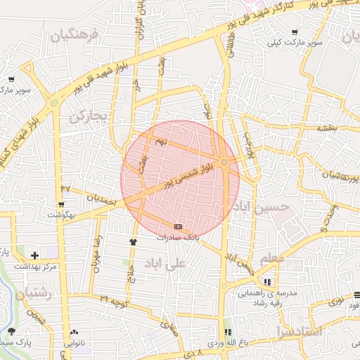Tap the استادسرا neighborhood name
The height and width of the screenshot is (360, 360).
[x=299, y=330]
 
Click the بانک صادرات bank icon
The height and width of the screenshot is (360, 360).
[x=178, y=227]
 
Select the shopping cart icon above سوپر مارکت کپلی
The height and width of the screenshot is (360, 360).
[x=294, y=32]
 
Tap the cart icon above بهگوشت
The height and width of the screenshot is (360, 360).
[x=62, y=205]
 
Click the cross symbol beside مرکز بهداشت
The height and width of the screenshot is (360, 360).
[x=35, y=255]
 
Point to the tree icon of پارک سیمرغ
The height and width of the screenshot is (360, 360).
[x=11, y=330]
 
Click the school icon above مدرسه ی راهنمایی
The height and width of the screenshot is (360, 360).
[x=266, y=281]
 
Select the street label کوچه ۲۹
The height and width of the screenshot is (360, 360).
[x=113, y=301]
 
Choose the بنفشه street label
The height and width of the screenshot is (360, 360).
[x=327, y=129]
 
